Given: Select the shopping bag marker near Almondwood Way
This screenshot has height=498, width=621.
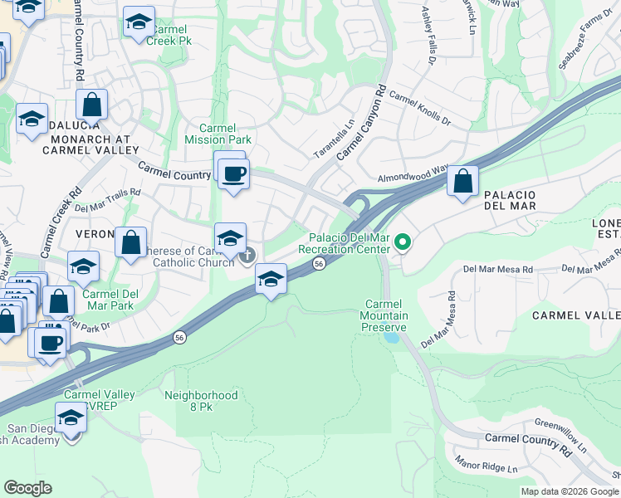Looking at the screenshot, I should [463, 181].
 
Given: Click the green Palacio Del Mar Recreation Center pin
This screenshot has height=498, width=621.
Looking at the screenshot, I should [403, 242].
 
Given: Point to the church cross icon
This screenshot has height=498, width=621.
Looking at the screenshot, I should [247, 257].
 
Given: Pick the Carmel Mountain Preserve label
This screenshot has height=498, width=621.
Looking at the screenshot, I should [384, 315].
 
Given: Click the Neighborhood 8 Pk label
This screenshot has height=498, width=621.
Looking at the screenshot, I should [201, 403].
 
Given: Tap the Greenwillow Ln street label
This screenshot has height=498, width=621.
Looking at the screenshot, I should [560, 434].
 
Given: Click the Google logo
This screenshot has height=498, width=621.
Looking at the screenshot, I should [27, 488].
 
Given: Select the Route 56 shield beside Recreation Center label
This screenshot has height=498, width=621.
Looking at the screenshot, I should [319, 263].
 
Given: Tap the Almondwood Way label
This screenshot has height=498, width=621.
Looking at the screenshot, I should [412, 176].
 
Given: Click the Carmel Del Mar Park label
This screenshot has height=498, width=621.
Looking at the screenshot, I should [110, 300].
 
